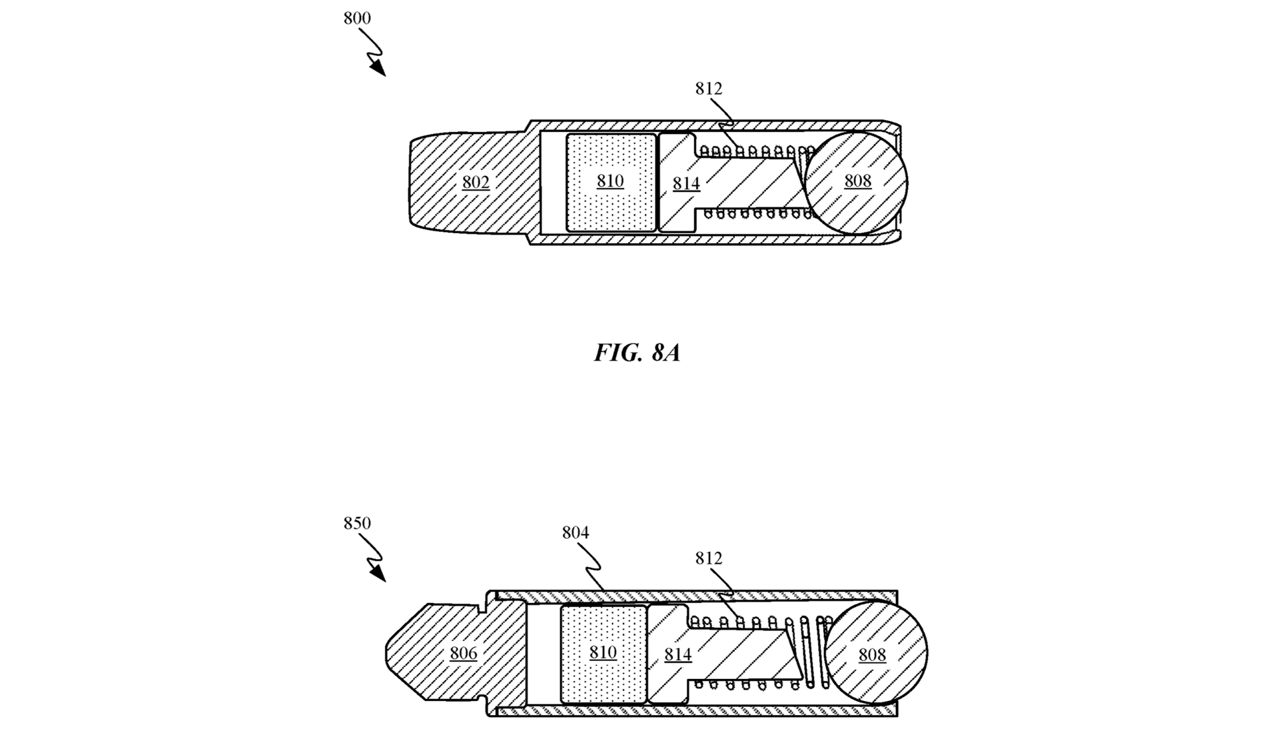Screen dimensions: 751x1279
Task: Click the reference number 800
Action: click(x=357, y=19)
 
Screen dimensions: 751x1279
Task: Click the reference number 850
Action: click(x=357, y=524)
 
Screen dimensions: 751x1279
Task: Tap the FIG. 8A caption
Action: click(x=637, y=353)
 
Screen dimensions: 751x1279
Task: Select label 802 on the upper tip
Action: click(x=476, y=183)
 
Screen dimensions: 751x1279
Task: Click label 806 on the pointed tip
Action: click(x=464, y=653)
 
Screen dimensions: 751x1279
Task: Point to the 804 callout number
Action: click(x=576, y=533)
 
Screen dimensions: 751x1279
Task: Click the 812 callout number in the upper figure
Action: click(x=709, y=89)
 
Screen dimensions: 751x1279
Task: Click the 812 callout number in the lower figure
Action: click(x=709, y=558)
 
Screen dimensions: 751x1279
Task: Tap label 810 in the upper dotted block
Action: click(x=610, y=181)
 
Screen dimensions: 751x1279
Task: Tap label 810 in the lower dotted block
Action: click(x=603, y=652)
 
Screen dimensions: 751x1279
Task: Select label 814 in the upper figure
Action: click(x=686, y=184)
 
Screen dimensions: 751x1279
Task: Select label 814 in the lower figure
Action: click(x=677, y=655)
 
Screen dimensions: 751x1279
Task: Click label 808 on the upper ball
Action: click(x=857, y=181)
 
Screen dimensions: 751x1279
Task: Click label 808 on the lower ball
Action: click(x=872, y=655)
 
